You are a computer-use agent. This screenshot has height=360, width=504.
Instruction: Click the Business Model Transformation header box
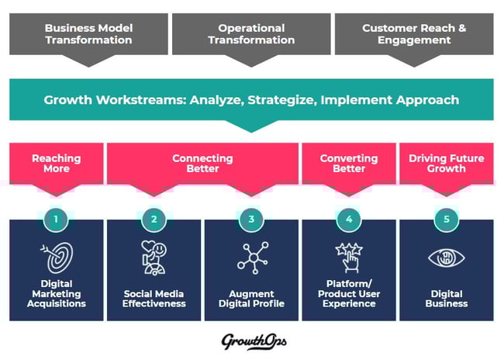[88, 34]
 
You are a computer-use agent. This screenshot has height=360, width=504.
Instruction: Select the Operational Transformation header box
[251, 34]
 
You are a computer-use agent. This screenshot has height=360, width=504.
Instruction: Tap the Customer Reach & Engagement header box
[414, 34]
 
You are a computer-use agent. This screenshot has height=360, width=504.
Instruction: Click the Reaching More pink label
[57, 164]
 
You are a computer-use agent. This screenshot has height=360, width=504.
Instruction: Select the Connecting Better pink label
[202, 164]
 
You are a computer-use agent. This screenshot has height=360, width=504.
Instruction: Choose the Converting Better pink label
[348, 164]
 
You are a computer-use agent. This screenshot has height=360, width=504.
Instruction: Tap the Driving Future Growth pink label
[446, 164]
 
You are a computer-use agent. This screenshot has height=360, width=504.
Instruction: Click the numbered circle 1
[57, 220]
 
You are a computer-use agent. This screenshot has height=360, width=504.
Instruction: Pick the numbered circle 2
[154, 220]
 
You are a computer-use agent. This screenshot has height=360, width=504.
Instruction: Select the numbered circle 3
[251, 220]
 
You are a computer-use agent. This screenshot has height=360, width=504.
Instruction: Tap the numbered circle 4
[349, 220]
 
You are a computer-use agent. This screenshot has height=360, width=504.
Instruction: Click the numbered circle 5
[446, 220]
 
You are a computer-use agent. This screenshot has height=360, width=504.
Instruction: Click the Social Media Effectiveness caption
[154, 299]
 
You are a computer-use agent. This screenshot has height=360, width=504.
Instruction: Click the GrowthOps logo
[251, 340]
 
